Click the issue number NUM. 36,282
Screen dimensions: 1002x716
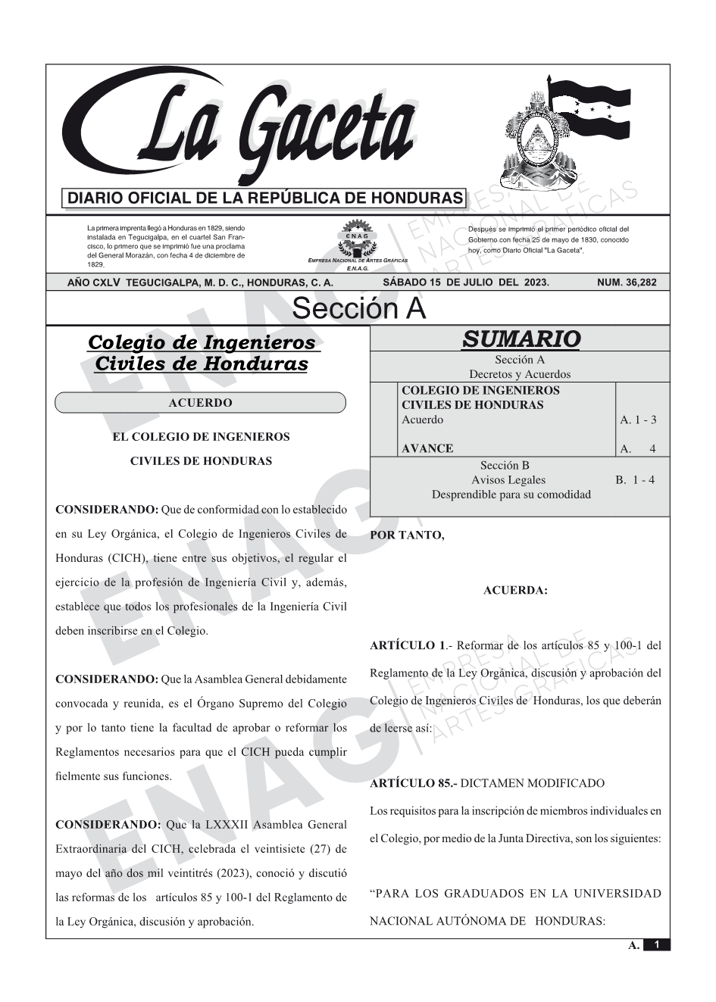[x=627, y=282]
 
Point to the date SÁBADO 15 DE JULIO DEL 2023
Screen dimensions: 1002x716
[x=466, y=282]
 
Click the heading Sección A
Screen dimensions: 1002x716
[x=358, y=309]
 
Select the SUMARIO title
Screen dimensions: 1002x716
[x=521, y=339]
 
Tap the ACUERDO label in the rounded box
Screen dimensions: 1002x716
[x=200, y=403]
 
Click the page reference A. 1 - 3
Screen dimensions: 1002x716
[x=638, y=420]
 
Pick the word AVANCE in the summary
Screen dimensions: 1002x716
[x=427, y=448]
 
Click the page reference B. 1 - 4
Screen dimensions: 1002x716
[x=635, y=479]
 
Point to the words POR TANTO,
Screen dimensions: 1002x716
[x=407, y=535]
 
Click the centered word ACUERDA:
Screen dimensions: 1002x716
[x=515, y=591]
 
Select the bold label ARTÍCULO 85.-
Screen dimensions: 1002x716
[x=413, y=783]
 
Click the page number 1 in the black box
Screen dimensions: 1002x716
[x=656, y=945]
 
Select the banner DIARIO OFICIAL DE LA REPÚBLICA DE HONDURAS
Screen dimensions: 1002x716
[x=264, y=198]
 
